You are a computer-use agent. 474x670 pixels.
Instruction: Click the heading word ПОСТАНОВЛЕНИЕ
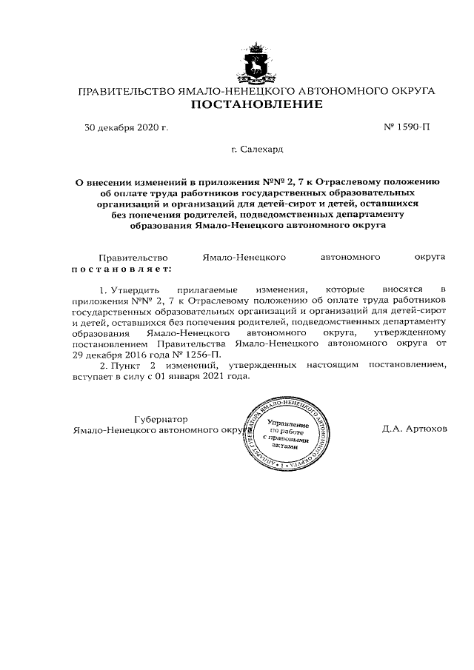tap(257, 104)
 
